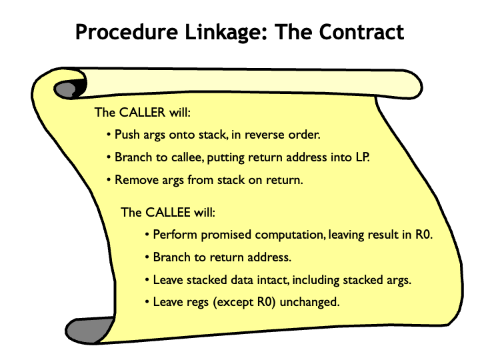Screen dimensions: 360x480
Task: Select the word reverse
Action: click(x=269, y=135)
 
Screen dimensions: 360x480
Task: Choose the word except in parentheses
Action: click(x=235, y=302)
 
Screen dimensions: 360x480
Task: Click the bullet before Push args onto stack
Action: click(x=109, y=135)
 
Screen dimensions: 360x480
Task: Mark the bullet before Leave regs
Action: click(x=147, y=302)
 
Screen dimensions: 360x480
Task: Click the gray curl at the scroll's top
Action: click(x=67, y=87)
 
